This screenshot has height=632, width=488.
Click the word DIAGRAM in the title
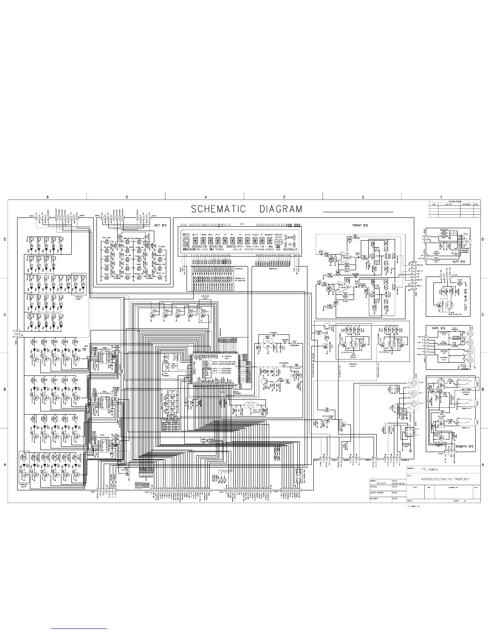click(281, 209)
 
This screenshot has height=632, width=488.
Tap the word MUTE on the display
click(195, 235)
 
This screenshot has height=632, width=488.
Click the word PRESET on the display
click(278, 235)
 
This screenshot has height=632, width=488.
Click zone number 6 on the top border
click(47, 197)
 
